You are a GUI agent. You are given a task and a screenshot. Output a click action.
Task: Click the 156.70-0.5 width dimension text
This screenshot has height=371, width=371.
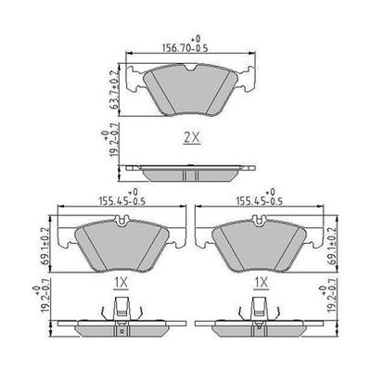point(185,48)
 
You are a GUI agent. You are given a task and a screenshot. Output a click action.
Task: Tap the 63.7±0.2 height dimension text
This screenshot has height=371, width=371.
point(114,90)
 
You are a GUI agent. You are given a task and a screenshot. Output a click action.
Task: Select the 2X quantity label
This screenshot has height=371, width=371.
point(192,137)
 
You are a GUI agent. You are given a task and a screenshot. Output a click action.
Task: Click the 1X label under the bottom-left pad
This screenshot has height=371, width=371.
point(121,283)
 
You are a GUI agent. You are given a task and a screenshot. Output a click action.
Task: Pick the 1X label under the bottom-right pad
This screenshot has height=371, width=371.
point(261,283)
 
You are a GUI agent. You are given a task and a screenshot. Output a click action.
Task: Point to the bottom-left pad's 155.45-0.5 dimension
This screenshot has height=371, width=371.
point(122,201)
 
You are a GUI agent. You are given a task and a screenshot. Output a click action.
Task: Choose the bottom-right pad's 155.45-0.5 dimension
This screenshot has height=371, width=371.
point(260,201)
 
